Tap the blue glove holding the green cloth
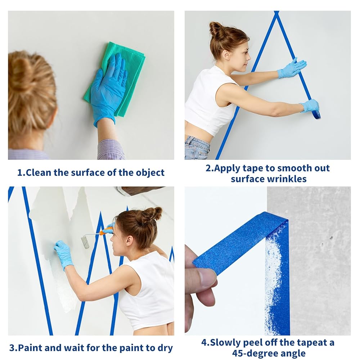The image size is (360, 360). [x=108, y=90]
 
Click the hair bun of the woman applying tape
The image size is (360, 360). [x=217, y=30]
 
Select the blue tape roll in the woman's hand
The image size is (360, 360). [x=316, y=114]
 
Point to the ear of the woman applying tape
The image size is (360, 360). [x=226, y=55]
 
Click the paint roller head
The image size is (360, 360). [x=85, y=242]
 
